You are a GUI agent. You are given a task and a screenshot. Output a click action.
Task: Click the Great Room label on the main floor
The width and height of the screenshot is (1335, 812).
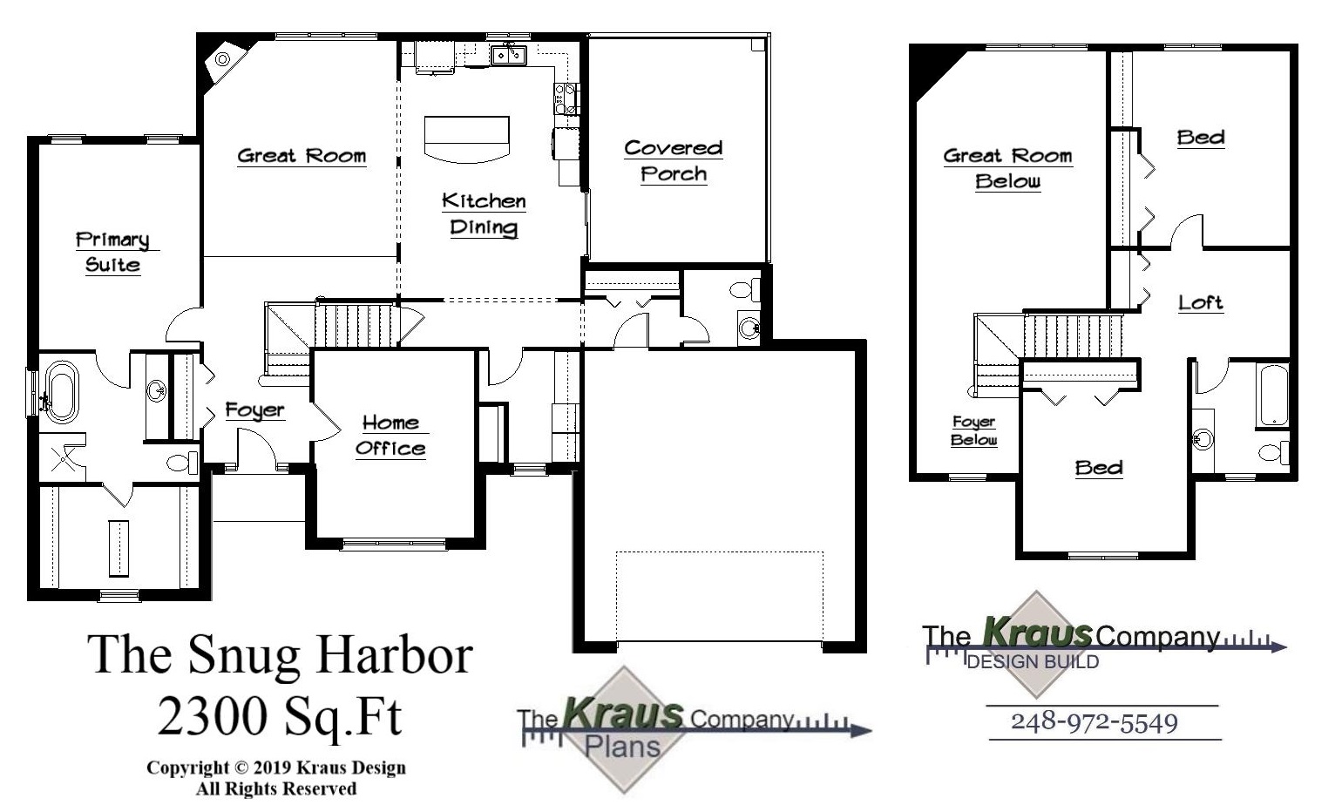point(302,156)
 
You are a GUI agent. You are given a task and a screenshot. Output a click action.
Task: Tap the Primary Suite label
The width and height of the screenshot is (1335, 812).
point(112,252)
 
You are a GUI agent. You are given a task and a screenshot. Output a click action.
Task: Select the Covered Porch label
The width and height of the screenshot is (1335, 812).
point(674,160)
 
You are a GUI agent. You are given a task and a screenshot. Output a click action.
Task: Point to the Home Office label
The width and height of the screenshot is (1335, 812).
point(390,436)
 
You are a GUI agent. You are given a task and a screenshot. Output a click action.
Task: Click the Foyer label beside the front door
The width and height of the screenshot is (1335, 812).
point(254,409)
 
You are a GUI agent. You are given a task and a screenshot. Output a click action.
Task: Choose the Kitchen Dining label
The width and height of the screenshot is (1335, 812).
point(484,214)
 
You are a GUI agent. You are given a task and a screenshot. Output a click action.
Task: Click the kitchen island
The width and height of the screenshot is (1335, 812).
point(466,138)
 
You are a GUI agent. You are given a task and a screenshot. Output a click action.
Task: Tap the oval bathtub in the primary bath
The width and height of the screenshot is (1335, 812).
point(60,392)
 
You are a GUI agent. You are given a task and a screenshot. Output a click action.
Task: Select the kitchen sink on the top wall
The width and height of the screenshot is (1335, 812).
point(508,56)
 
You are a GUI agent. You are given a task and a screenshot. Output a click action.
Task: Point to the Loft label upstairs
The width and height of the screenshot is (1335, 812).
point(1200,302)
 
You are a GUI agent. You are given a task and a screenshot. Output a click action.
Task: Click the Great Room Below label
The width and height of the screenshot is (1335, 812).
point(1007,168)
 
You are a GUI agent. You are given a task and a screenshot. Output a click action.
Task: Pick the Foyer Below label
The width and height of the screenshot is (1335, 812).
point(973,430)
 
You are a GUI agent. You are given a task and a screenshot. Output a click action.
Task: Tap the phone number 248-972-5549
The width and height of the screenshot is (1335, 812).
point(1094,722)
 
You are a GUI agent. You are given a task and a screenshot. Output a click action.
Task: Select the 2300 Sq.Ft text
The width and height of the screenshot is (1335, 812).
point(280,716)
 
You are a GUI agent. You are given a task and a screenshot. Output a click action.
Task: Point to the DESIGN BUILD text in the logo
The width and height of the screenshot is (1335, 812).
point(1033,662)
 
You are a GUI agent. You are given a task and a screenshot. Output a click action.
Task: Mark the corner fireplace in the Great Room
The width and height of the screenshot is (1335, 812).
point(221,59)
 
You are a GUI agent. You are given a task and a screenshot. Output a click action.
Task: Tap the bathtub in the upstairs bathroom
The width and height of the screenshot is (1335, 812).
point(1273,396)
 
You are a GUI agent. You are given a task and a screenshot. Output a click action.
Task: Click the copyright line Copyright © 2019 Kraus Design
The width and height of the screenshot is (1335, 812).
point(275,768)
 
